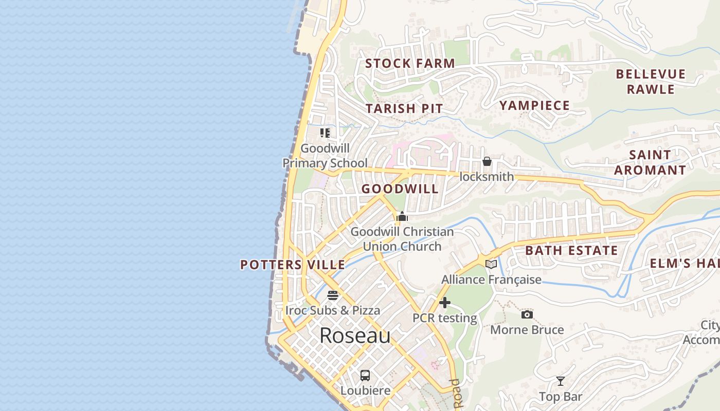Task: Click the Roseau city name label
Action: point(355,335)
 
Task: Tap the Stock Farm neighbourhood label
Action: point(410,64)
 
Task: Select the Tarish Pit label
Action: point(404,108)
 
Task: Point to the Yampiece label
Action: point(534,106)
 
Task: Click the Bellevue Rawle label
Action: point(651,82)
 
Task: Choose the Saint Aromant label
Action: point(650,162)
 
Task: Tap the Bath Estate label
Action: point(571,251)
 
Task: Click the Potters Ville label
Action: point(293,265)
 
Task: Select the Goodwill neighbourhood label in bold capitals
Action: point(400,189)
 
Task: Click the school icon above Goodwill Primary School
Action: point(325,133)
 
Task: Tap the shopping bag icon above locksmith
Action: point(487,162)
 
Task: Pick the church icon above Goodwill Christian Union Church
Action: point(402,216)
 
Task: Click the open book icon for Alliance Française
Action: point(491,264)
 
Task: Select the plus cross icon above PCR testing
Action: point(445,303)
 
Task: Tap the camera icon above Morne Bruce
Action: point(527,314)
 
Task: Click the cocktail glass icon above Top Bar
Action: point(560,381)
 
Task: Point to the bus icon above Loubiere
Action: point(365,375)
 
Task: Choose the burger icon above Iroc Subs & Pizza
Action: point(333,295)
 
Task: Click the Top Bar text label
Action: point(561,397)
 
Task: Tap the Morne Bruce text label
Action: point(527,330)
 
